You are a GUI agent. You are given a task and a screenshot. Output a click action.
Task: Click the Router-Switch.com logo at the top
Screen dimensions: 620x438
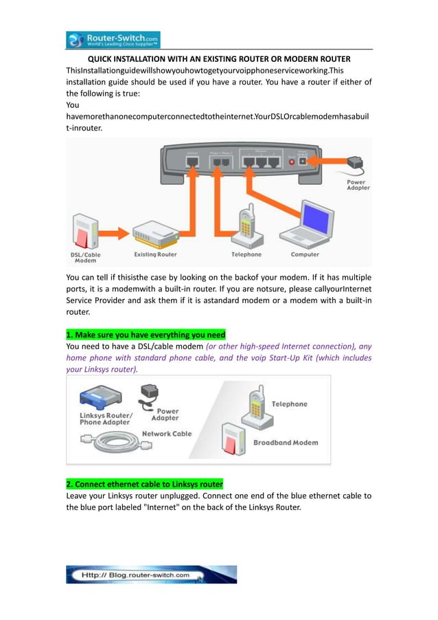113,40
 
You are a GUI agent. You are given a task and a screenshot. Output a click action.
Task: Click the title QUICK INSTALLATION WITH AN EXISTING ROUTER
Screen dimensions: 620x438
218,59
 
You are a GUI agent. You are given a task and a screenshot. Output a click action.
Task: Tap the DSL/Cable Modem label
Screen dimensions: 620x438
86,258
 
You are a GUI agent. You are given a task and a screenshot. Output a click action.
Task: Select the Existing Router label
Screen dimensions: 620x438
155,254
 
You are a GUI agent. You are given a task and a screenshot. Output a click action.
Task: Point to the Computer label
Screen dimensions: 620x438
305,254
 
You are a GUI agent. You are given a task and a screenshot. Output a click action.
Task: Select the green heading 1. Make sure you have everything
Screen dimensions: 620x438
146,335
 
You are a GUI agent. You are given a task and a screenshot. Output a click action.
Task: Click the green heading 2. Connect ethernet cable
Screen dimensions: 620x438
144,484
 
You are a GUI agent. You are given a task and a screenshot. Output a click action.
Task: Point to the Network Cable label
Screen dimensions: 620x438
166,434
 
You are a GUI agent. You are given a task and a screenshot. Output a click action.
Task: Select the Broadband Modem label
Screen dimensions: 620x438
286,443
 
